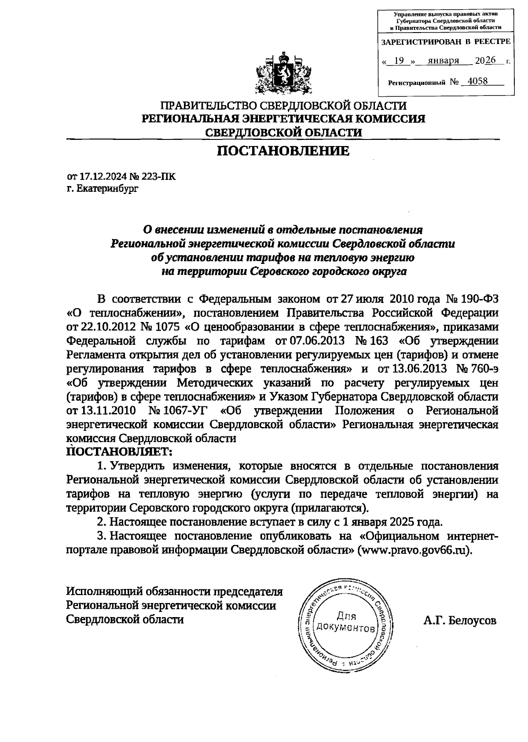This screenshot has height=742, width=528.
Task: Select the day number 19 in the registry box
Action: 399,61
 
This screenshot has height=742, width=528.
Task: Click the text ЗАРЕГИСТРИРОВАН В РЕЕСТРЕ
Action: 445,42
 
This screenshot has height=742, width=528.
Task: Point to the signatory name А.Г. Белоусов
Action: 460,621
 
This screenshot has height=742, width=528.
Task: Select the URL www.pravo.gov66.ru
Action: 415,550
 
